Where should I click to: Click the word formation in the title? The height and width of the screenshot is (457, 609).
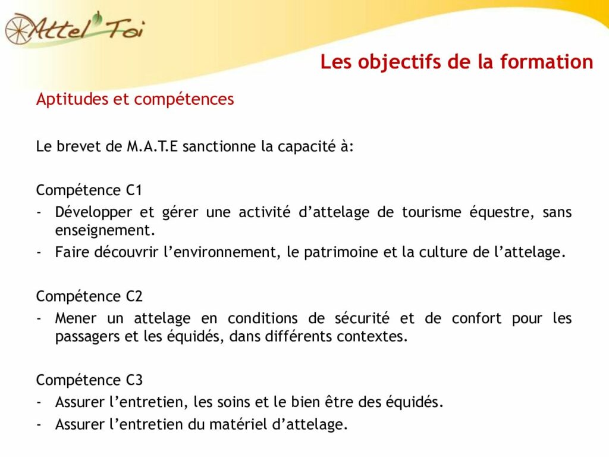[x=547, y=62]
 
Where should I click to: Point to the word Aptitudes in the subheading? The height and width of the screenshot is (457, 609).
[x=72, y=99]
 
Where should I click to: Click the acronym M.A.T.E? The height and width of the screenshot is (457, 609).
[x=152, y=146]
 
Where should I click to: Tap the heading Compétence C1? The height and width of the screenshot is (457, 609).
[x=89, y=190]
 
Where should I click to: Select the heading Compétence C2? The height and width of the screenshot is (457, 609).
[x=89, y=296]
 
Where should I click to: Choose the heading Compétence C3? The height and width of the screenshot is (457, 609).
[x=89, y=380]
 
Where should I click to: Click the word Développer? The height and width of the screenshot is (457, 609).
[x=93, y=213]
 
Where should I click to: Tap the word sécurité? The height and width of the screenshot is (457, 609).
[x=362, y=318]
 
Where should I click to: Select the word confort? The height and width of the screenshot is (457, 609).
[x=476, y=318]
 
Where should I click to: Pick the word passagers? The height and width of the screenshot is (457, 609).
[x=87, y=337]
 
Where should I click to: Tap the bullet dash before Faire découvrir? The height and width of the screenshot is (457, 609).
[x=39, y=252]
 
